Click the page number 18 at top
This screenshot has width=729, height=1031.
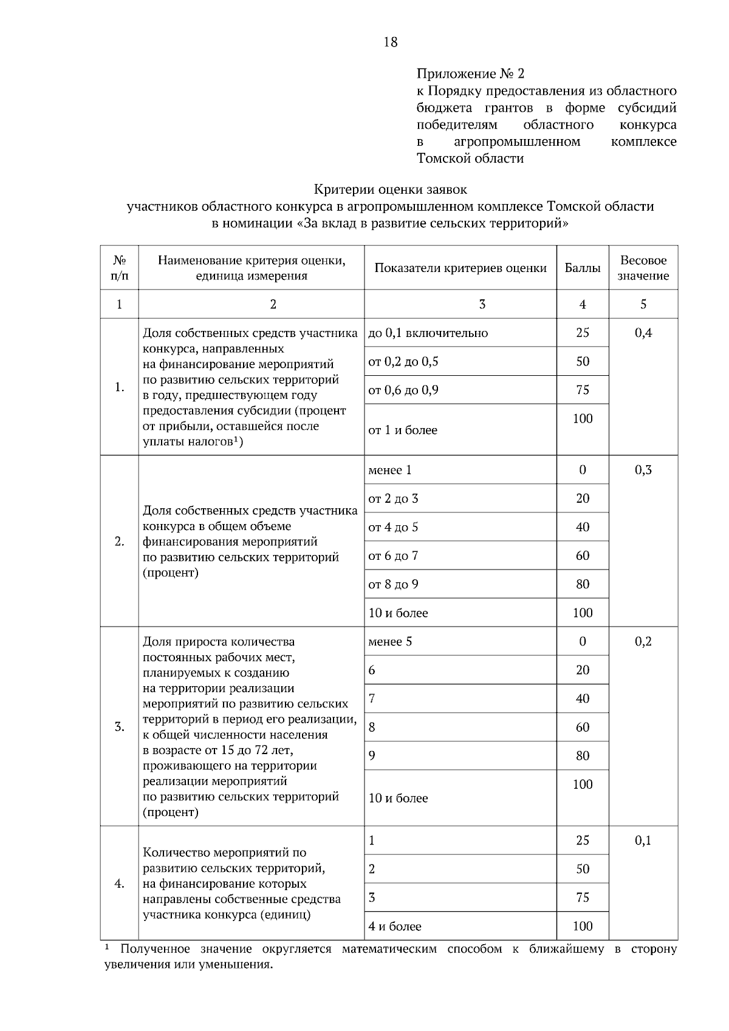tap(391, 42)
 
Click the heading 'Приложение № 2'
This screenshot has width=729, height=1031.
tap(470, 74)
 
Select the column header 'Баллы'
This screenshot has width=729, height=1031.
tap(582, 268)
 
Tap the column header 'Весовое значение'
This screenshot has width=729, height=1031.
tap(643, 268)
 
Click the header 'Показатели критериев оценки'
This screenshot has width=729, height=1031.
tap(460, 268)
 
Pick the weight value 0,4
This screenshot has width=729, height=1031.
tap(643, 333)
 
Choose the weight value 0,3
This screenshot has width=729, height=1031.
tap(643, 470)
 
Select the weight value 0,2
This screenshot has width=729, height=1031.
tap(643, 642)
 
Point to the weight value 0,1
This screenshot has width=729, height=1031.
tap(643, 841)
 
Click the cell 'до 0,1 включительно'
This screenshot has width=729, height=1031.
tap(428, 333)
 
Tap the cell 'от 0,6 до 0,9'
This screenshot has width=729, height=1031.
tap(403, 390)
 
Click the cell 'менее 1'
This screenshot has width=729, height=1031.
tap(389, 470)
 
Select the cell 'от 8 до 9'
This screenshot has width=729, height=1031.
tap(393, 585)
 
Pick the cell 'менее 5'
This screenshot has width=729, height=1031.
tap(390, 642)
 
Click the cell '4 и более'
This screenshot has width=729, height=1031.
tap(395, 927)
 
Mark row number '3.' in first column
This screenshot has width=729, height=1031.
tap(120, 727)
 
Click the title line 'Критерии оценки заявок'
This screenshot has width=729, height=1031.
tap(391, 190)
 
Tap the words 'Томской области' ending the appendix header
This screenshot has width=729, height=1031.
tap(470, 159)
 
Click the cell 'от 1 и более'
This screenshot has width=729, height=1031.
tap(403, 430)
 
